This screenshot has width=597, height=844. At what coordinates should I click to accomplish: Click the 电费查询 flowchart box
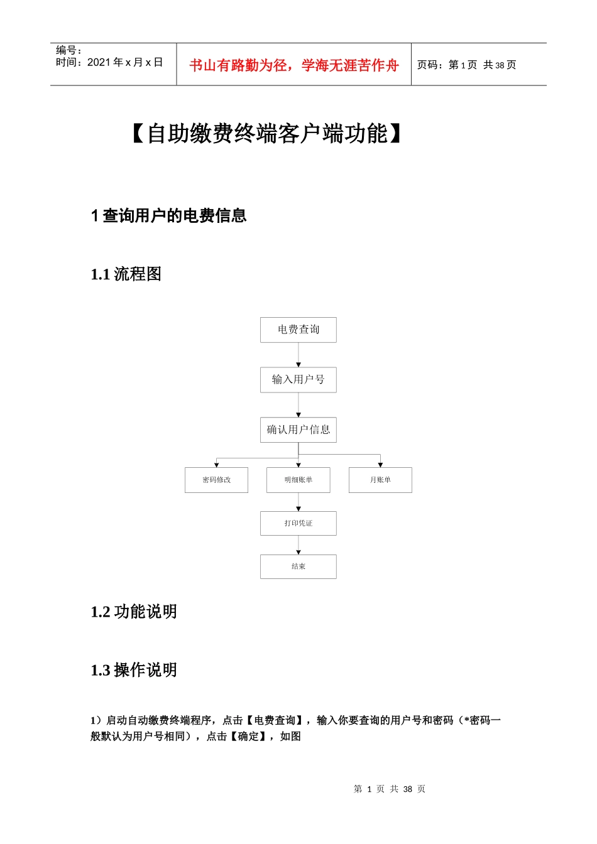(x=298, y=330)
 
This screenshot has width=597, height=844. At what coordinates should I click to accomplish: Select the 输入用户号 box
(x=298, y=380)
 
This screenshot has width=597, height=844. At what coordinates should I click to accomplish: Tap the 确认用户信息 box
(x=298, y=430)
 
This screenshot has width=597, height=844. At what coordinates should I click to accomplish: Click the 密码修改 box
(x=216, y=480)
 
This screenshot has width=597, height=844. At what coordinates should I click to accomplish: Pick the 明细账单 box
(x=298, y=480)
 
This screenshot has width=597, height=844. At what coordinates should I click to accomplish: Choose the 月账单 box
(x=380, y=480)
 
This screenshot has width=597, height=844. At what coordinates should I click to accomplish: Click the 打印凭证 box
(x=298, y=523)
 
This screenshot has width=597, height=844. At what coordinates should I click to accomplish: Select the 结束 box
(x=298, y=566)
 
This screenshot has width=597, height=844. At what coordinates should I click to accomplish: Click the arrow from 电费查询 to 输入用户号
(x=298, y=355)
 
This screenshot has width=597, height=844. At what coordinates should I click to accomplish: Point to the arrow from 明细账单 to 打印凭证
(x=298, y=502)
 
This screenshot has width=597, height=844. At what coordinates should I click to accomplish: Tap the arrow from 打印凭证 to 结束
(x=298, y=545)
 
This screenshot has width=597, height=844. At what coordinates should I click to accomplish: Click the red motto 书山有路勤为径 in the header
(x=294, y=65)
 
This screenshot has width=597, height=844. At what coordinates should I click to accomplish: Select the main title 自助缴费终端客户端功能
(x=268, y=134)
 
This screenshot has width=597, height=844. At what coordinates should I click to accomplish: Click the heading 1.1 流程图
(x=126, y=274)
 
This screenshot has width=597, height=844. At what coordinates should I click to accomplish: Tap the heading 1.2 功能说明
(x=134, y=612)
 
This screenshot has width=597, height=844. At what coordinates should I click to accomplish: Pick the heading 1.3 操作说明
(x=134, y=670)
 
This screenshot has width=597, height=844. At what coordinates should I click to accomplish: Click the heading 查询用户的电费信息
(x=174, y=216)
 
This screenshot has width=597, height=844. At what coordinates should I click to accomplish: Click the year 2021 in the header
(x=99, y=62)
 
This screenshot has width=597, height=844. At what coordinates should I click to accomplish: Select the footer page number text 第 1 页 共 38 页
(x=390, y=789)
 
